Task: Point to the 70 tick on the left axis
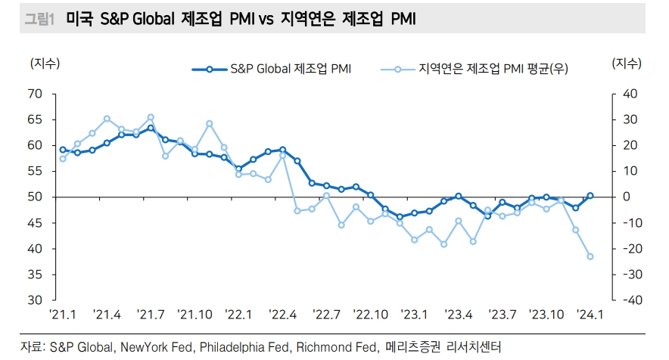34,94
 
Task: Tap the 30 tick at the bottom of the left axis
34,300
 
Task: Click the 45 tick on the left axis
34,223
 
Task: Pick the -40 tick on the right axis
629,300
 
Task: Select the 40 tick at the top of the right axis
629,94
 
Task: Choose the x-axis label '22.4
282,315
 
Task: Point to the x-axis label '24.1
590,315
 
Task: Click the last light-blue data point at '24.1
590,256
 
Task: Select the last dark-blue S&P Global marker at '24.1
590,196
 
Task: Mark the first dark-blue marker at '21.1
63,150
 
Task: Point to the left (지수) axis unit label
45,64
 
